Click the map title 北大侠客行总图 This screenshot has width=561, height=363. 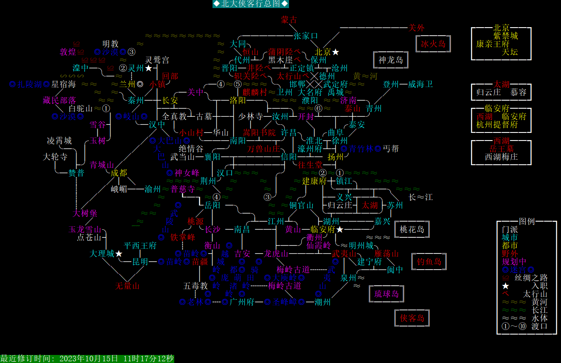(x=251, y=4)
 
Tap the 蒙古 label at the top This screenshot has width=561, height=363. (x=289, y=20)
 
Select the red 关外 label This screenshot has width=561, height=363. (x=416, y=28)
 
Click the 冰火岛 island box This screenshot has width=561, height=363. (x=433, y=44)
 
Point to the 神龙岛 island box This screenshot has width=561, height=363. (x=391, y=60)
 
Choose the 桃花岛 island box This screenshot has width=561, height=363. (x=412, y=229)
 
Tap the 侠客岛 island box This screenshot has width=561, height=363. (x=412, y=318)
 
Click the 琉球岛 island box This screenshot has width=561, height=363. (x=386, y=294)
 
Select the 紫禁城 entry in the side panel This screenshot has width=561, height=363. (x=505, y=36)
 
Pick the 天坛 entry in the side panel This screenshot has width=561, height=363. (x=510, y=52)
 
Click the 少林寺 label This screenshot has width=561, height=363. (x=250, y=116)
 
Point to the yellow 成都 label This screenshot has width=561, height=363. (x=119, y=173)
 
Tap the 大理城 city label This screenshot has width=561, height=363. (x=102, y=253)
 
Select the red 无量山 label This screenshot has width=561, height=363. (x=127, y=286)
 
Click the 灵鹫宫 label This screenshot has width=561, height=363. (x=157, y=60)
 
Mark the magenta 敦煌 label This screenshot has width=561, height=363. (x=68, y=52)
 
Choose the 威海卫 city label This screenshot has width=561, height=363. (x=420, y=84)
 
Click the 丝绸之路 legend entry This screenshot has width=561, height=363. (x=531, y=278)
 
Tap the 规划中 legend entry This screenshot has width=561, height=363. (x=514, y=262)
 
